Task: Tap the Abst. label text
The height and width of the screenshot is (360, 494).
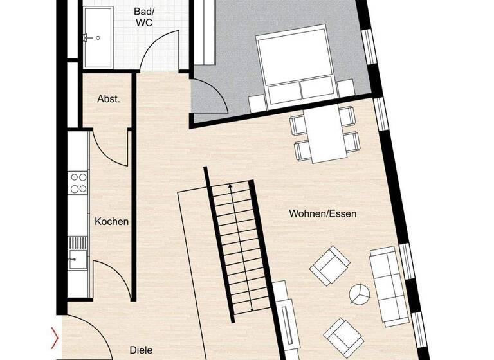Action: click(x=108, y=99)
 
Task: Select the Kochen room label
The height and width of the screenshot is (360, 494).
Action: click(x=111, y=222)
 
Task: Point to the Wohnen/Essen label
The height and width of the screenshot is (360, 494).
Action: click(x=322, y=213)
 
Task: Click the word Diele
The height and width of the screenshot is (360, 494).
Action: click(x=141, y=350)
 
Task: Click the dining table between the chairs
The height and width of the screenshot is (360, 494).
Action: click(x=325, y=136)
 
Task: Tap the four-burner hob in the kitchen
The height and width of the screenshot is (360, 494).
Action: click(x=78, y=183)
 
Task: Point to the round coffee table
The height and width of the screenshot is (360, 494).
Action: click(x=360, y=294)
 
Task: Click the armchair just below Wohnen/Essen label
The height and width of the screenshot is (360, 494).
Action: click(x=330, y=265)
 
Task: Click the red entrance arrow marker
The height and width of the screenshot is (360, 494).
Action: click(x=55, y=337)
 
